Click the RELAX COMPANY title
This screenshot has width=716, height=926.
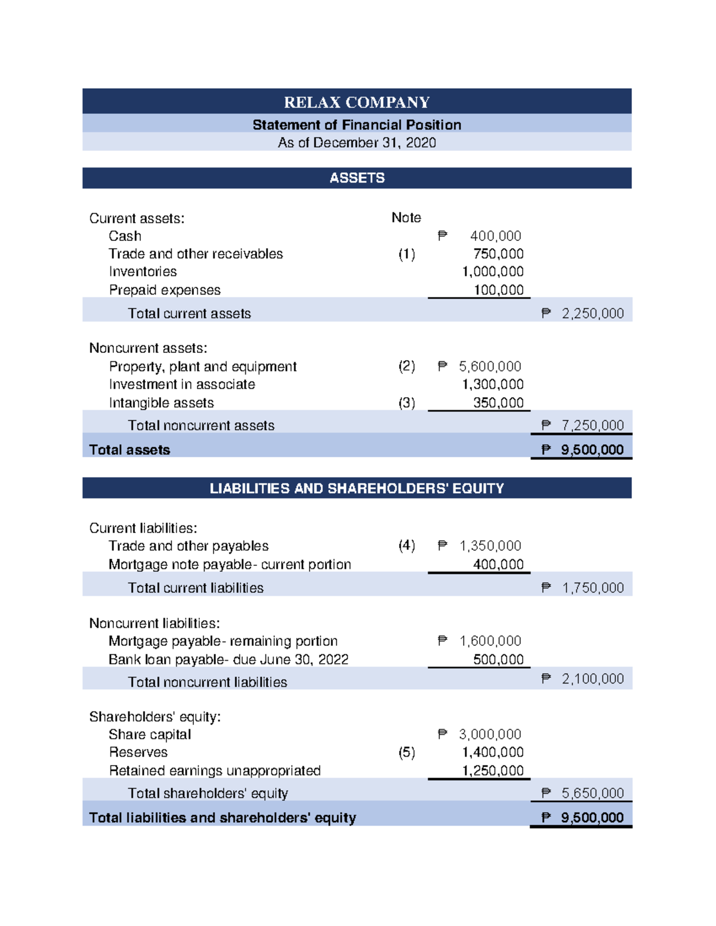pos(357,102)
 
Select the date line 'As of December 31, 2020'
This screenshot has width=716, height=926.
pos(357,143)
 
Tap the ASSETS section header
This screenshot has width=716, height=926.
pos(357,178)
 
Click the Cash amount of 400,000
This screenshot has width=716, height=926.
pos(495,236)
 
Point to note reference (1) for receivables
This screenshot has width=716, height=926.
pos(407,254)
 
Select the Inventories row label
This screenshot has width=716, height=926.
pos(143,272)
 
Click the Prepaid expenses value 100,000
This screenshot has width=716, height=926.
pos(498,290)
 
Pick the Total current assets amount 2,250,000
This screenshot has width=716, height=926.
pos(592,314)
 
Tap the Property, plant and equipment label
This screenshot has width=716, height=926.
pos(202,367)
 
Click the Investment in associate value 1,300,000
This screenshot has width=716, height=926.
pos(493,385)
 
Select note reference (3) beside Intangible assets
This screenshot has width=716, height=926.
pos(407,403)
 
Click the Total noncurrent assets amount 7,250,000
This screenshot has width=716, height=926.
pos(592,425)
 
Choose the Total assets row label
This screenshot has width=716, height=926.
pos(129,450)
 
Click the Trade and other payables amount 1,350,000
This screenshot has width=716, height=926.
pos(490,546)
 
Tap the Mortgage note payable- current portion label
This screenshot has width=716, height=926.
pos(230,565)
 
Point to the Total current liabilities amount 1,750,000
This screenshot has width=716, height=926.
pos(592,588)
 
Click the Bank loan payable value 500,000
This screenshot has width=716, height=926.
pos(498,659)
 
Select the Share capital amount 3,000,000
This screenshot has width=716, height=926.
pos(490,735)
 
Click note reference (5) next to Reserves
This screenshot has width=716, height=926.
pos(407,752)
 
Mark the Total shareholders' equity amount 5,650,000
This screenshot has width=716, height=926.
pos(592,793)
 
